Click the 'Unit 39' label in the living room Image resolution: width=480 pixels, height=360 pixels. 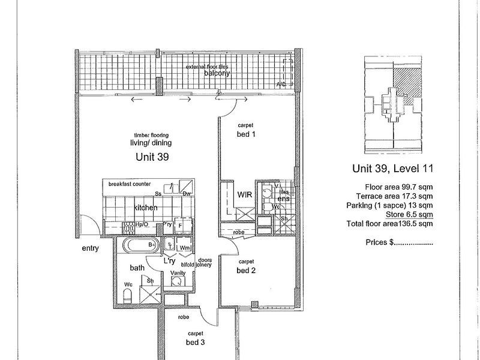[x=151, y=158]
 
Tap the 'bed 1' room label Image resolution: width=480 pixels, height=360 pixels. [x=247, y=134]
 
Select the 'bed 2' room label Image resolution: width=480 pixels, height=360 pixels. [x=245, y=269]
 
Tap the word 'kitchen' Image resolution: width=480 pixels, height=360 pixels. [x=146, y=208]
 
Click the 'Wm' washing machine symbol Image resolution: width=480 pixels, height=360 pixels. [x=185, y=247]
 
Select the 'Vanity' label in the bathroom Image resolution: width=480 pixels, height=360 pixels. [x=178, y=273]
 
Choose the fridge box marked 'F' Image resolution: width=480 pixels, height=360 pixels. [x=179, y=225]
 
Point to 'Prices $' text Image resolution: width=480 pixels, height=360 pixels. [x=398, y=244]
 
